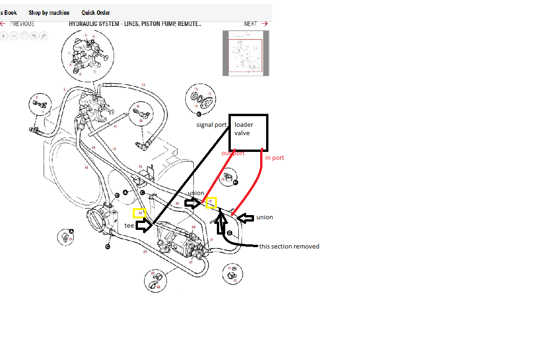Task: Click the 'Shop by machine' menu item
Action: click(x=49, y=13)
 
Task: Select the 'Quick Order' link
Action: click(x=96, y=13)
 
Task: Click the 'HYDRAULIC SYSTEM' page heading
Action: click(x=135, y=24)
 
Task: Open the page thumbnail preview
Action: click(x=246, y=53)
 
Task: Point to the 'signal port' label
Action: click(x=211, y=125)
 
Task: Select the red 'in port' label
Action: click(x=274, y=158)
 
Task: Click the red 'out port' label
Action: click(x=233, y=153)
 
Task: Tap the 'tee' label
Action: click(x=129, y=225)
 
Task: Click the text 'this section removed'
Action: click(x=289, y=246)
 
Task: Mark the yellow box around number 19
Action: click(x=139, y=213)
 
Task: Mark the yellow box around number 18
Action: click(x=211, y=203)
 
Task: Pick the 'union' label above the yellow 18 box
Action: click(x=196, y=193)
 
